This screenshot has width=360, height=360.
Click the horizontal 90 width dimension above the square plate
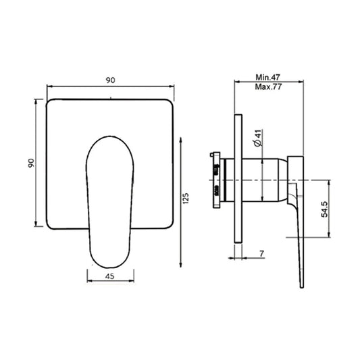coord(111,80)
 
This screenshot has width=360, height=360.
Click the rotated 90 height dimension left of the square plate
coord(30,164)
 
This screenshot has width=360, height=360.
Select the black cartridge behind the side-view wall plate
coord(214,179)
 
